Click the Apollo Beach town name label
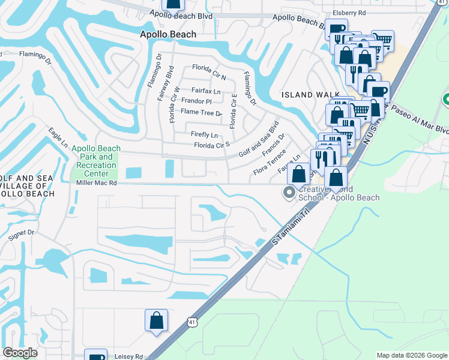click(168, 34)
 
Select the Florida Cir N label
click(209, 77)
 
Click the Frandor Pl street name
click(197, 101)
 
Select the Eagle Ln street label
click(58, 136)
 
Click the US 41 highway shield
click(191, 322)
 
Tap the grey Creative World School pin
click(289, 193)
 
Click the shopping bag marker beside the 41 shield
click(156, 320)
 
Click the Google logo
click(20, 353)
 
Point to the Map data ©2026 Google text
click(411, 355)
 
